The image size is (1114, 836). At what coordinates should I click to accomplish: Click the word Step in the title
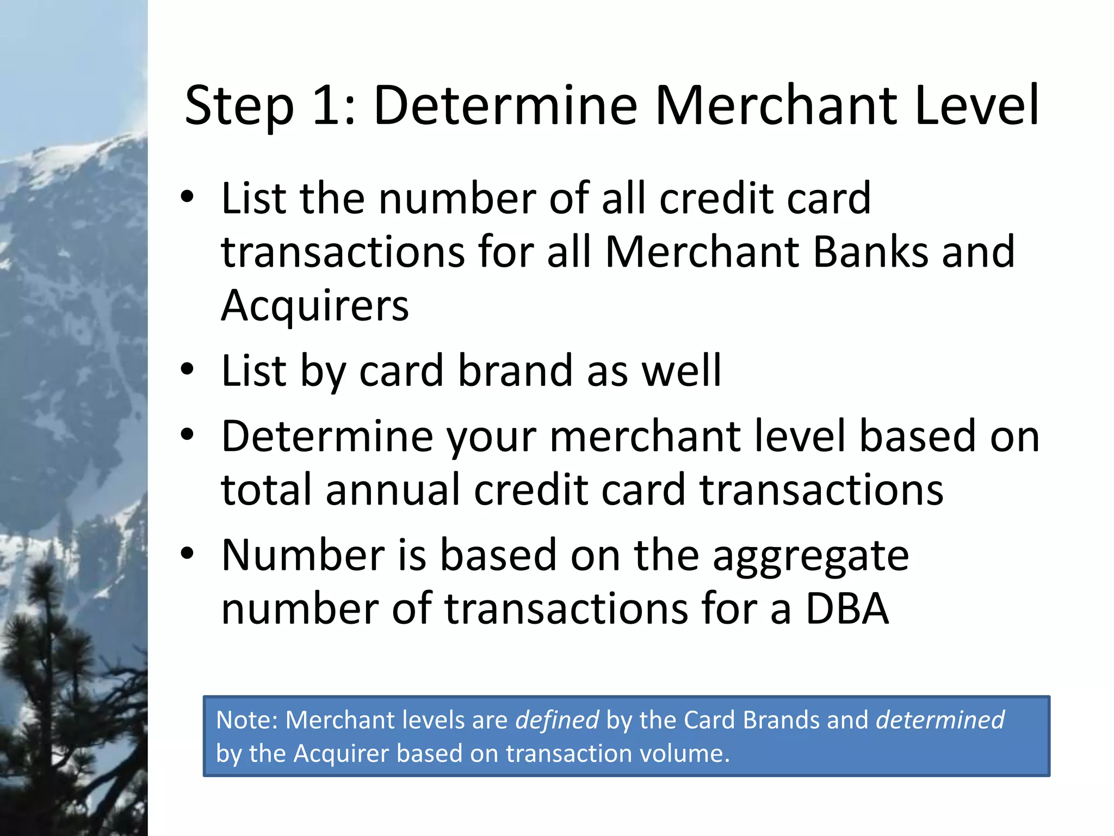[239, 106]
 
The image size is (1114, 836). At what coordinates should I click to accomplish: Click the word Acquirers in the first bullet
[314, 306]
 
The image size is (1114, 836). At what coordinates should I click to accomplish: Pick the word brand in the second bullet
[515, 371]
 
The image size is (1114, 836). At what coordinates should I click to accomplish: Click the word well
[682, 371]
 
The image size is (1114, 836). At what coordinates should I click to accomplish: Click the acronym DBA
[847, 608]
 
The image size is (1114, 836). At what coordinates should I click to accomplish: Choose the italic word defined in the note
[557, 720]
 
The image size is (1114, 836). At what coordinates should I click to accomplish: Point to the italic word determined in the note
[940, 720]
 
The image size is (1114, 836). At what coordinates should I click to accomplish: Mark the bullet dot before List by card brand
[187, 370]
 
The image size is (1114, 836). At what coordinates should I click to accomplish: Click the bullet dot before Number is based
[187, 554]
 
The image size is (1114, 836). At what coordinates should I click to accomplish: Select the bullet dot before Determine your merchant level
[187, 435]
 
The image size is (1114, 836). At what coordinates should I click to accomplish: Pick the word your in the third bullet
[491, 438]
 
